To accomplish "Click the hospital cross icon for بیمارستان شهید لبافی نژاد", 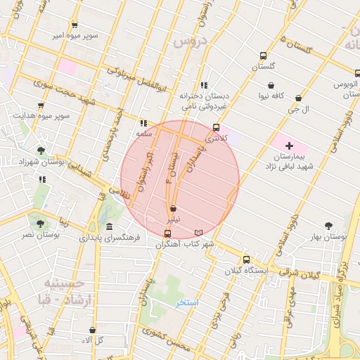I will pos(289,146).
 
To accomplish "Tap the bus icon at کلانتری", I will pos(216,128).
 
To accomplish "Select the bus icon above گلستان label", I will pos(264,56).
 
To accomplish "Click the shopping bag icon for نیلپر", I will pos(173,209).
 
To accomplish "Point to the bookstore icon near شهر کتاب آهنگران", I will pos(199,233).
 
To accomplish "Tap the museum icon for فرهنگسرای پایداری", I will pos(109,226).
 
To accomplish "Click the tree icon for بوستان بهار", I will pos(328,226).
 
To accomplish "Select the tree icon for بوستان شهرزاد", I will pos(41,150).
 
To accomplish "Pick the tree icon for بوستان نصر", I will pos(39,224).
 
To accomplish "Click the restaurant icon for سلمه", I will pos(143,122).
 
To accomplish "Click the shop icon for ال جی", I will pos(299,98).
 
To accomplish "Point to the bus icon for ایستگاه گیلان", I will pos(246,259).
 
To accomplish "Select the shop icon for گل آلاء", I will pos(93,330).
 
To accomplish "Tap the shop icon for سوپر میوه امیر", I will pos(75,25).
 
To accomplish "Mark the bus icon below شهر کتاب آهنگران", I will pos(167,233).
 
